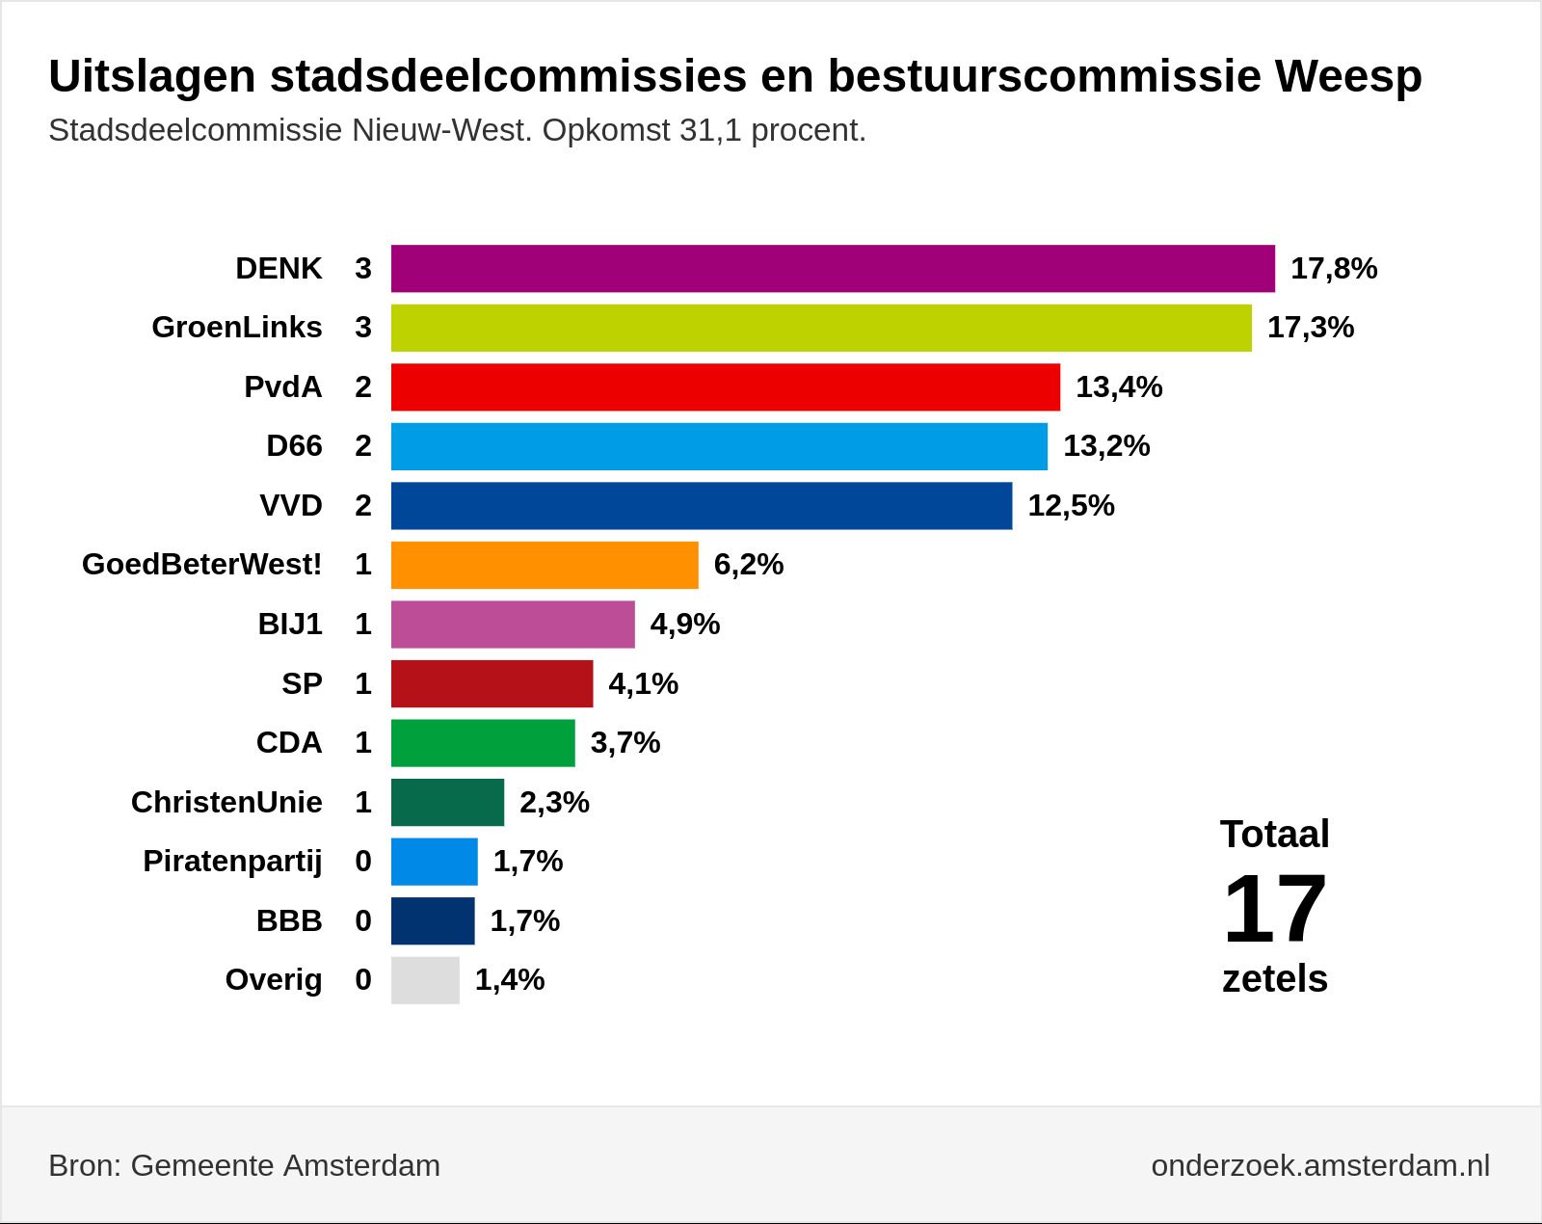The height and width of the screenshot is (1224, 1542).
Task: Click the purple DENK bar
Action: point(833,269)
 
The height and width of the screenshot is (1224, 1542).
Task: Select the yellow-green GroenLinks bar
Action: point(821,329)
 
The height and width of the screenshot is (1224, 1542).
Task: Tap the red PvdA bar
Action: point(725,387)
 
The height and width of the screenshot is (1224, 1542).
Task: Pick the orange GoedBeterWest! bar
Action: point(545,566)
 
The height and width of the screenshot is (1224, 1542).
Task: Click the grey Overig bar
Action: point(425,980)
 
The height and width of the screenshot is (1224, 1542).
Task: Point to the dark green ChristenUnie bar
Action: point(447,803)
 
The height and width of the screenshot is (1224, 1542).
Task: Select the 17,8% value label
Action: point(1334,269)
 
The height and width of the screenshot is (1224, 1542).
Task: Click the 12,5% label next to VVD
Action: point(1072,506)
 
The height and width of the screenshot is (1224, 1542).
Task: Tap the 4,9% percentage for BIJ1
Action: point(685,625)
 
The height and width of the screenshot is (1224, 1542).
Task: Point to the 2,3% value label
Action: point(554,803)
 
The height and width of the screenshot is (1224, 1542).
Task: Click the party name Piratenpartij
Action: point(232,863)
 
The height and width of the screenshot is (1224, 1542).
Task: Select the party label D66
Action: point(294,446)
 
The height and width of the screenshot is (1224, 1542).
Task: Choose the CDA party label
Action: point(289,743)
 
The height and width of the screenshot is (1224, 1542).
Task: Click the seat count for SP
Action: point(363,683)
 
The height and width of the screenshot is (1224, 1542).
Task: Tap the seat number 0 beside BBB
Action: point(363,920)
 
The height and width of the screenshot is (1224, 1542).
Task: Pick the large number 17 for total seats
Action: point(1275,910)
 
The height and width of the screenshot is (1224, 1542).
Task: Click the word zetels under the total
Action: point(1275,979)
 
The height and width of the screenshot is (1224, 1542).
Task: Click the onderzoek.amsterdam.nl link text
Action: point(1320,1166)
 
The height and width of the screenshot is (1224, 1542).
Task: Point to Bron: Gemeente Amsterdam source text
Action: point(245,1166)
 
